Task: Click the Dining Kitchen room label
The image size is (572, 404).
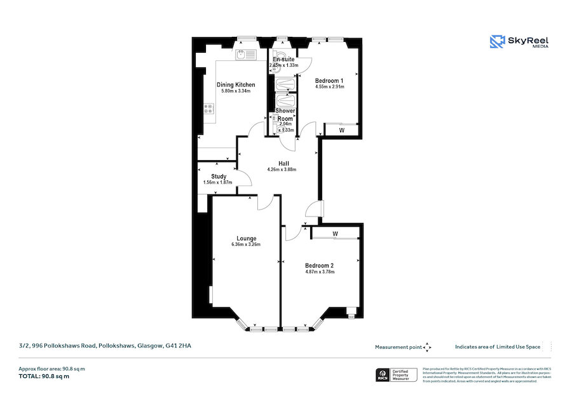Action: [x=236, y=84]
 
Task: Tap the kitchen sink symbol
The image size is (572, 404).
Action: [x=245, y=55]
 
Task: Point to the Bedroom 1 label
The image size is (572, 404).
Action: [x=329, y=81]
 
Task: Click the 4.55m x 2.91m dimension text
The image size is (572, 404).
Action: [x=329, y=87]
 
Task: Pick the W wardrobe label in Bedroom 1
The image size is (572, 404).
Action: [x=341, y=130]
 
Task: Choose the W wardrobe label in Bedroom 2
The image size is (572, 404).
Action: [x=334, y=233]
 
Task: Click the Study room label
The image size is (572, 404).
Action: [x=219, y=177]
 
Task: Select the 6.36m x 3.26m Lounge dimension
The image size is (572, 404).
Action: [x=245, y=245]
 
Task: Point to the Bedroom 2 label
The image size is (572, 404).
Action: [x=319, y=265]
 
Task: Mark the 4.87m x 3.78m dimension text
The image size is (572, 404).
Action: [x=319, y=272]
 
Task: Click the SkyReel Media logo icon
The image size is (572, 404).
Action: [x=496, y=42]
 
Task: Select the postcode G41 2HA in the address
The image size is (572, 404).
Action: [x=178, y=346]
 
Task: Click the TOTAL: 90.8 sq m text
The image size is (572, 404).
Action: [x=44, y=377]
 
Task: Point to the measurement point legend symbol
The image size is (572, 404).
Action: [x=427, y=347]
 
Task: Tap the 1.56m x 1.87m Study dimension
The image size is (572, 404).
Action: [x=217, y=183]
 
